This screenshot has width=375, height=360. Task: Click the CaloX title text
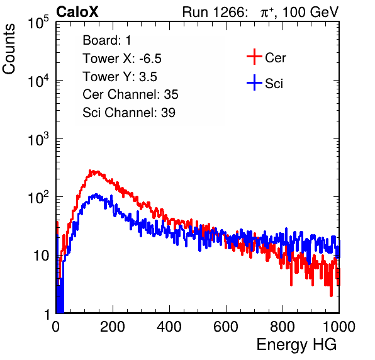77,12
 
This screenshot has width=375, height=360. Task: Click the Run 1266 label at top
215,12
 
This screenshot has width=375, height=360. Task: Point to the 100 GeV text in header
310,12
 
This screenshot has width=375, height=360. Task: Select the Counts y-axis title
9,49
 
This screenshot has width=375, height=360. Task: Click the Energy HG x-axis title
296,345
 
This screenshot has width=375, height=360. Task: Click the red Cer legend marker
254,57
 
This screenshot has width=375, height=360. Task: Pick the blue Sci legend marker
254,83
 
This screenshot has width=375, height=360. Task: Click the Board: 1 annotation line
107,40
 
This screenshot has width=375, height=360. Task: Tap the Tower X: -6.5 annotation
122,58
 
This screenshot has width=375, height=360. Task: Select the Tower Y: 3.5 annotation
120,77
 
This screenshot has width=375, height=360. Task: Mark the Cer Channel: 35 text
130,94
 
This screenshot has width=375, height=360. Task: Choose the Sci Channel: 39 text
129,112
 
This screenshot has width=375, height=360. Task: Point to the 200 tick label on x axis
113,327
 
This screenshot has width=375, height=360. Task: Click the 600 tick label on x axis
226,327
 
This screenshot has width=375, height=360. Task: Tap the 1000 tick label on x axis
339,327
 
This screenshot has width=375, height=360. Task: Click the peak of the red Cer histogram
90,171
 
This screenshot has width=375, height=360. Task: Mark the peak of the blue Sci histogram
96,194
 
